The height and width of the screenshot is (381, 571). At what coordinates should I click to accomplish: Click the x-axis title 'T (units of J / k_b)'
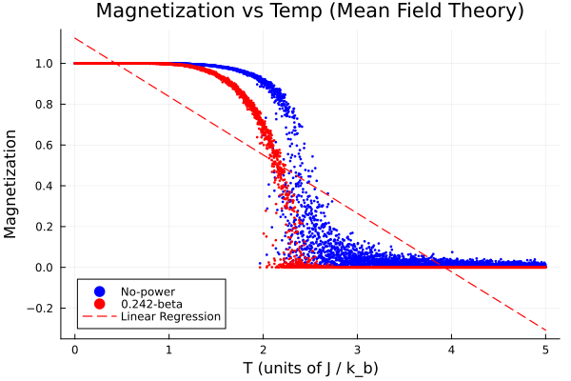309,367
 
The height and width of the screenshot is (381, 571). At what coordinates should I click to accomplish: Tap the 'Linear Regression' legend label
170,316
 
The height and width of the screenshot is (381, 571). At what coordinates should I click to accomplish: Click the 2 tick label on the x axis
264,349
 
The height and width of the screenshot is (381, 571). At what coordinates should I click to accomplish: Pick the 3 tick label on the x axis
358,349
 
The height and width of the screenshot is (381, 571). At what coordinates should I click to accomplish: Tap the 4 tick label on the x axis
452,349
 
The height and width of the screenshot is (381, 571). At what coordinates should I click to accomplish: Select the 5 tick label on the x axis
546,349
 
